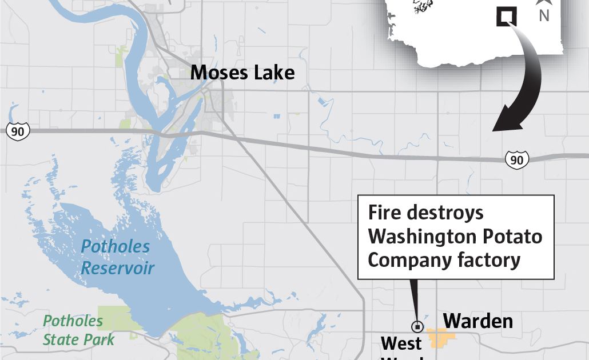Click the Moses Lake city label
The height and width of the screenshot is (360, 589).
coord(242,73)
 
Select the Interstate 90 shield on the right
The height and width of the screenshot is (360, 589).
coord(516,160)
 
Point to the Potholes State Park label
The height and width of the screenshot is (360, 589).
coord(79,330)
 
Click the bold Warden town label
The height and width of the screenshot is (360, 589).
coord(478,321)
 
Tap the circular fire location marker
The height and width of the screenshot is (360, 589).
coord(417,327)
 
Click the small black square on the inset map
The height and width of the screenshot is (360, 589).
coord(506,17)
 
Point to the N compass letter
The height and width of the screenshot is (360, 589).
coord(544,16)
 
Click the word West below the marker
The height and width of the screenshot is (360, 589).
coord(401,343)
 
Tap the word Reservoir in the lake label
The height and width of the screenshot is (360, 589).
coord(118,268)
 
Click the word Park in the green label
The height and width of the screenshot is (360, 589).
coord(100,340)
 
